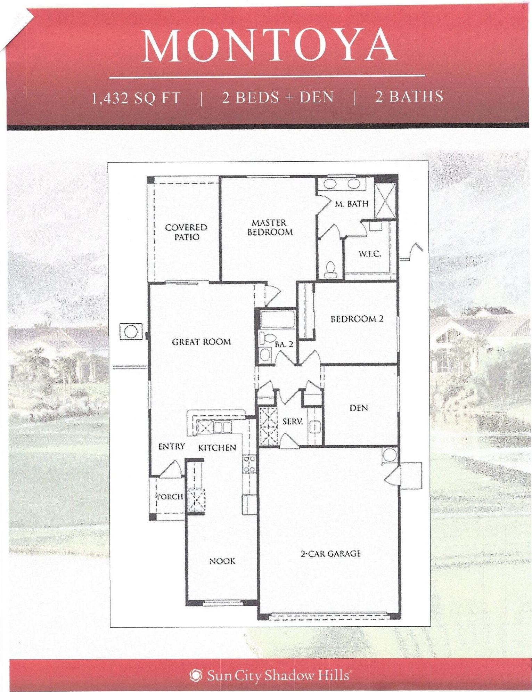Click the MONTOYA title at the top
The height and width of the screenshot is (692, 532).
click(270, 45)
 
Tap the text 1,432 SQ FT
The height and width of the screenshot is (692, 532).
click(136, 98)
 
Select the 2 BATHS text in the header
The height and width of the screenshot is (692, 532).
click(409, 97)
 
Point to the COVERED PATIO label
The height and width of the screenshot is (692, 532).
click(186, 232)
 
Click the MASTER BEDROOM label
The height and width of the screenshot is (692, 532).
click(270, 227)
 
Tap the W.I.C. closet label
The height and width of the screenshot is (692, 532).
click(369, 254)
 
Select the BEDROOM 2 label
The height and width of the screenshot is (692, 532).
click(357, 319)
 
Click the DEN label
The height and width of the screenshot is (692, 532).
click(359, 407)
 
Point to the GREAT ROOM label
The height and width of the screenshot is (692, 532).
click(201, 342)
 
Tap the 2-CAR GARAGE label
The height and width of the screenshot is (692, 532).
click(330, 554)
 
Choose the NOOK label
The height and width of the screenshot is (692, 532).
click(222, 561)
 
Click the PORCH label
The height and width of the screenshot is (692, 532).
click(170, 497)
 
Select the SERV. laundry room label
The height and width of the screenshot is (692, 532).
click(293, 422)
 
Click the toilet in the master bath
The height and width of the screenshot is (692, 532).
click(330, 269)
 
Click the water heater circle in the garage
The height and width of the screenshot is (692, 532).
click(390, 455)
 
